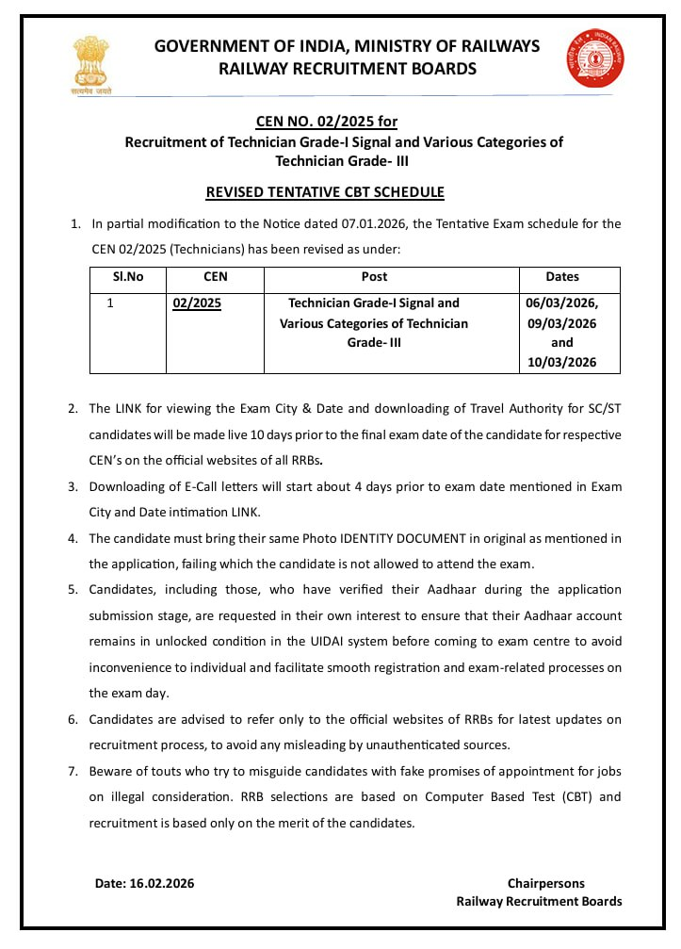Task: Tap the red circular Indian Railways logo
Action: [589, 58]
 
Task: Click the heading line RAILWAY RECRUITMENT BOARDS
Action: [348, 69]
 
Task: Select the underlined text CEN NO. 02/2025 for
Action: [327, 122]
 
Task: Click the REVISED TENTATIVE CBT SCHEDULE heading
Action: [325, 192]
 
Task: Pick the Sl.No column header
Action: [128, 277]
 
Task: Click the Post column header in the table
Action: [374, 277]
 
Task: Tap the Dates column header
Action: [562, 277]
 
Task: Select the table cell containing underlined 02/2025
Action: [197, 303]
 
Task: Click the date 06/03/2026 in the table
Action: [561, 303]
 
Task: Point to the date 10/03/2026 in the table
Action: [561, 363]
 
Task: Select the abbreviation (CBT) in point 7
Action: [576, 796]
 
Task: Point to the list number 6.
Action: [73, 720]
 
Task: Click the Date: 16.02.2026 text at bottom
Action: [144, 883]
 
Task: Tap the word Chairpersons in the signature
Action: [545, 883]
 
